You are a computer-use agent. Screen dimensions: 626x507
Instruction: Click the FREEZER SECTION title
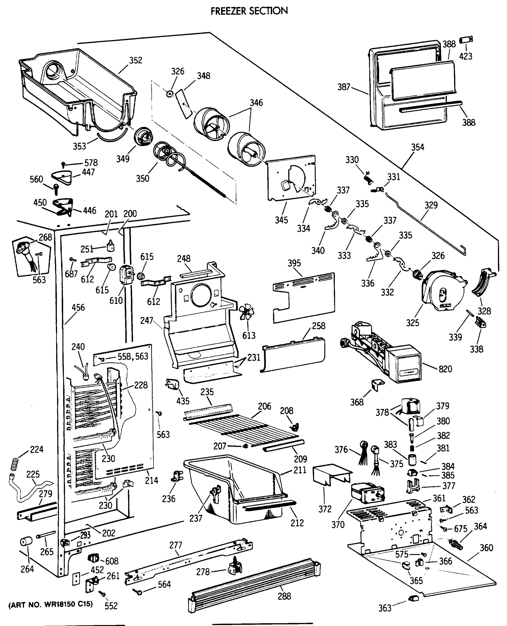click(x=249, y=11)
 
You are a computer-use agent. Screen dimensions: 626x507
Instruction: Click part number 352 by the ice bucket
click(x=136, y=60)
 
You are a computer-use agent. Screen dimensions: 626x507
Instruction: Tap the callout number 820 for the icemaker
click(x=445, y=369)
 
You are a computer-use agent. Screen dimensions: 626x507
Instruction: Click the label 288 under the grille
click(x=284, y=596)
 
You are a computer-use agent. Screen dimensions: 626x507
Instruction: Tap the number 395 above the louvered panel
click(x=294, y=263)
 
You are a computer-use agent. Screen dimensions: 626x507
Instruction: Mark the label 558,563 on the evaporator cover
click(x=133, y=357)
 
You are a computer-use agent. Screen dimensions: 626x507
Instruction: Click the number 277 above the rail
click(x=176, y=545)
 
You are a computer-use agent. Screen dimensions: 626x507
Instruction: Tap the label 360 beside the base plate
click(x=486, y=548)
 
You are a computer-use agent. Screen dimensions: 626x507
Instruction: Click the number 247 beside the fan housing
click(x=147, y=321)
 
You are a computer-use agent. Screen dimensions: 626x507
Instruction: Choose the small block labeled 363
click(x=414, y=598)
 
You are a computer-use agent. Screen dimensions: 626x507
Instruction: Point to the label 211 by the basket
click(x=300, y=470)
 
